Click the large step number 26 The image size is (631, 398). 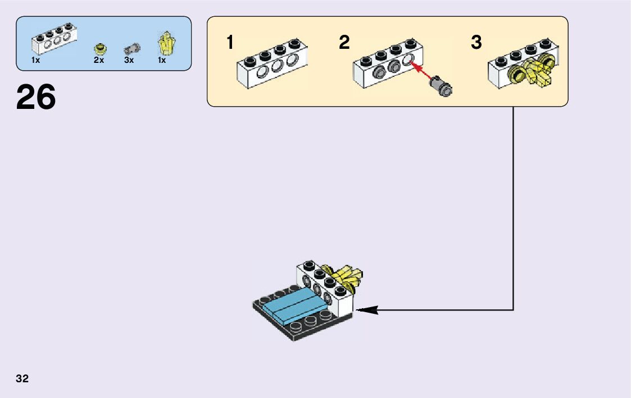click(36, 97)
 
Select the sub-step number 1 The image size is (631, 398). click(230, 42)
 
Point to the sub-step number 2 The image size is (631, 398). click(344, 42)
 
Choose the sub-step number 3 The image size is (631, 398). click(476, 42)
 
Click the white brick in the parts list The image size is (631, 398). click(54, 38)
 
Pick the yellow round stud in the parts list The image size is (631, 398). click(99, 49)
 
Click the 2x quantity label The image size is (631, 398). click(99, 60)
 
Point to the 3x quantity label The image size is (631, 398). click(129, 60)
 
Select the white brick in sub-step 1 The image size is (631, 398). click(273, 63)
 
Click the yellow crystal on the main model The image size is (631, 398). click(346, 277)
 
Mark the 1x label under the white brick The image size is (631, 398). click(35, 60)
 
